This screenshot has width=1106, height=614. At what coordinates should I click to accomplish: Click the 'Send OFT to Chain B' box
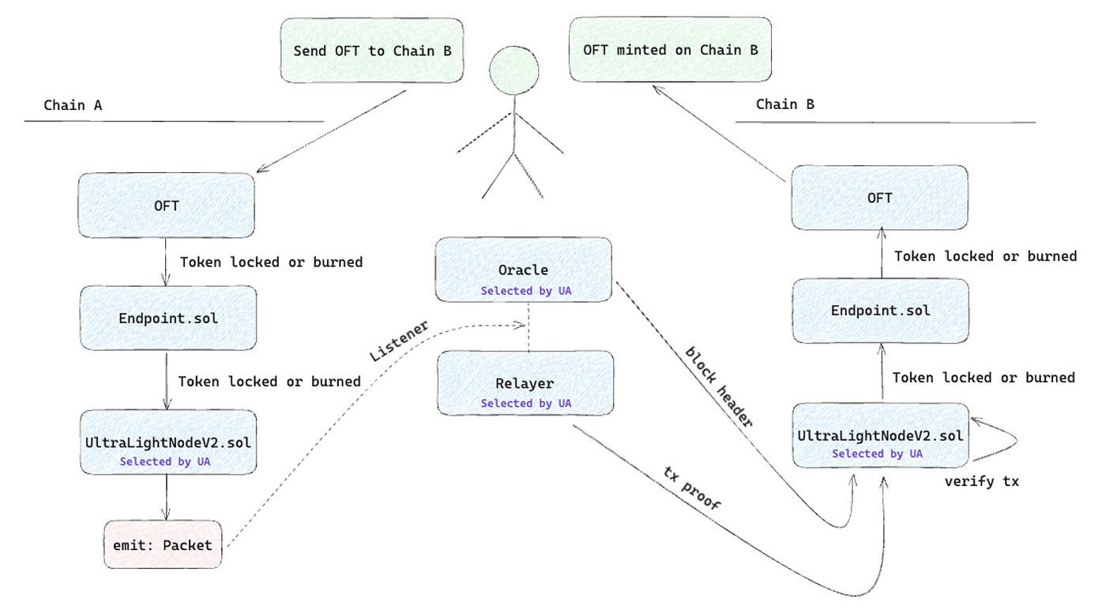pos(372,51)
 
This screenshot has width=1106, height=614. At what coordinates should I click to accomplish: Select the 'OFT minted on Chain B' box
pos(670,50)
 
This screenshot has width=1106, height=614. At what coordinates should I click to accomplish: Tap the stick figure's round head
pos(514,70)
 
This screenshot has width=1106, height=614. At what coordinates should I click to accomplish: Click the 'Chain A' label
pos(73,105)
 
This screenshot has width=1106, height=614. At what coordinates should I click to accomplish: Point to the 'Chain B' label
pos(785,104)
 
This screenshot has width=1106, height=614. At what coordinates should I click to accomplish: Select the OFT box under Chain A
pos(167,205)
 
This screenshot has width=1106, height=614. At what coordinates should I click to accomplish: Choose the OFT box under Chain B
pos(879,198)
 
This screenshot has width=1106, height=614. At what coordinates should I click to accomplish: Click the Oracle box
pos(523,269)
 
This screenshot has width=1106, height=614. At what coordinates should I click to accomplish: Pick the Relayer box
pos(525,383)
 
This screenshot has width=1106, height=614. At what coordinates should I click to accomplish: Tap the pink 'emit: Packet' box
pos(163,544)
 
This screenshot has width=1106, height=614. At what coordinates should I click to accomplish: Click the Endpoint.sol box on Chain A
pos(167,318)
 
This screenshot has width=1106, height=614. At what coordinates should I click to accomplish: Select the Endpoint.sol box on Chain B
pos(880,311)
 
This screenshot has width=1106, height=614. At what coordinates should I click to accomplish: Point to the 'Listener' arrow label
pos(399,341)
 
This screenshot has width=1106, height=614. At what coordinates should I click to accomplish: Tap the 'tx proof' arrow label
pos(692,488)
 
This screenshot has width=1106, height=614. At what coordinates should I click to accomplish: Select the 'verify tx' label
pos(981,481)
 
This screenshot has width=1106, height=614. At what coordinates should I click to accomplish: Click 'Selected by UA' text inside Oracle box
pos(526,291)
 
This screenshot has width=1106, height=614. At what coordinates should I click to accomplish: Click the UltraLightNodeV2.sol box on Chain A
pos(167,442)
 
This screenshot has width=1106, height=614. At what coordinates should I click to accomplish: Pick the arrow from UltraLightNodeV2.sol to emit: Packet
pos(166,497)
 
